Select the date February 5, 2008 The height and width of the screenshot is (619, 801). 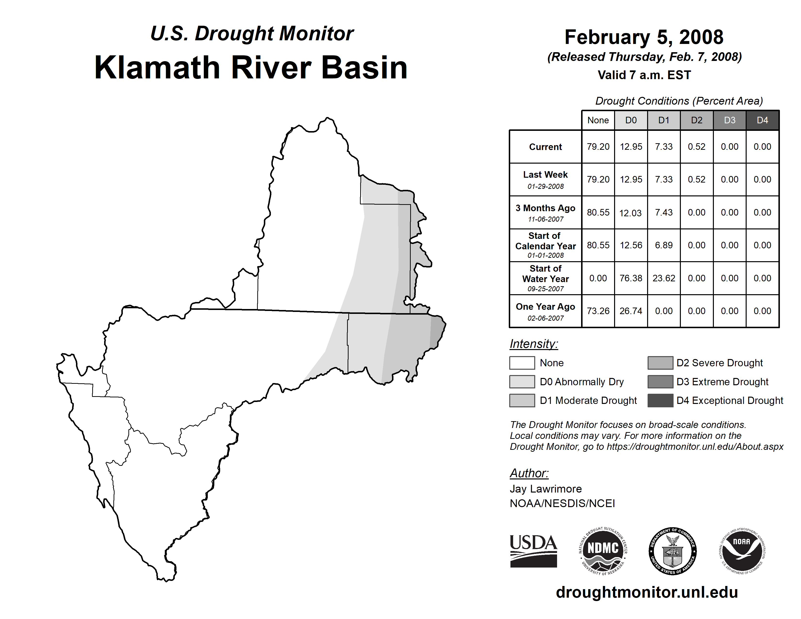click(x=644, y=37)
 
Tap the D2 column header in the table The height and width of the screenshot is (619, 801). click(x=696, y=120)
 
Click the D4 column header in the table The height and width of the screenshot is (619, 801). click(x=762, y=120)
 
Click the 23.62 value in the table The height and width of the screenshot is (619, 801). click(x=664, y=278)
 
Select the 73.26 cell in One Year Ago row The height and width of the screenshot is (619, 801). click(x=598, y=311)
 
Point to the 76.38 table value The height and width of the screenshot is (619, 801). click(x=631, y=278)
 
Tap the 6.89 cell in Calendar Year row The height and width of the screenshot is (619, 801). click(x=664, y=245)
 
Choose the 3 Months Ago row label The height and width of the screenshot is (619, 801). click(x=545, y=208)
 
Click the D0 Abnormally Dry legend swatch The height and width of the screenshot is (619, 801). click(x=522, y=381)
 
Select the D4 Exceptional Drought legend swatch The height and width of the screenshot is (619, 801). click(x=660, y=401)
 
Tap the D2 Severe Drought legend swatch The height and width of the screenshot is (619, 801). click(x=660, y=363)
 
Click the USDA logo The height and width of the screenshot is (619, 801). click(x=533, y=551)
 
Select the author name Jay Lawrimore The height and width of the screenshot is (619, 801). click(x=546, y=489)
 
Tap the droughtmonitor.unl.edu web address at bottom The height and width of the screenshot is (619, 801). click(x=647, y=592)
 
